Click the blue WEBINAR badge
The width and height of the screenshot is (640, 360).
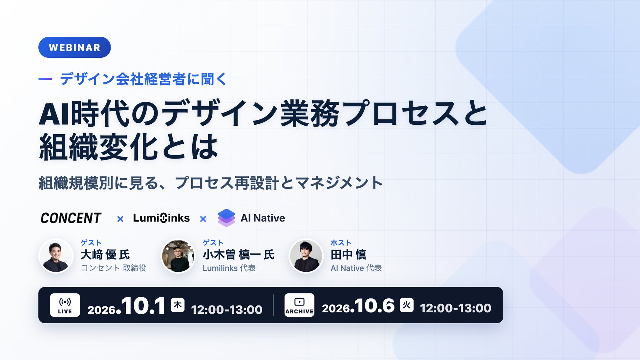75,47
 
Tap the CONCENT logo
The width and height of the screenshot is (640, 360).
71,218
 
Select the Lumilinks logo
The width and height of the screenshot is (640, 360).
161,218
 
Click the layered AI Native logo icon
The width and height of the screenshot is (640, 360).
226,218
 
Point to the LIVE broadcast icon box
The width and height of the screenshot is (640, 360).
65,305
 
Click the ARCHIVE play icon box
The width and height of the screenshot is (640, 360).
299,305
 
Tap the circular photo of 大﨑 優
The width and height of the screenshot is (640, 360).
56,256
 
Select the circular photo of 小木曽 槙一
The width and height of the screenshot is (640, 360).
178,256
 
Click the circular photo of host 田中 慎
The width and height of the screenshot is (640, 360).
306,256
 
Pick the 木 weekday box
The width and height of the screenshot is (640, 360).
178,305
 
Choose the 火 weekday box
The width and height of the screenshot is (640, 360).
406,305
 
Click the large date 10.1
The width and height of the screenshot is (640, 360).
143,306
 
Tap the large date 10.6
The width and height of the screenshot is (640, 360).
374,306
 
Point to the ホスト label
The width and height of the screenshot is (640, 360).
341,243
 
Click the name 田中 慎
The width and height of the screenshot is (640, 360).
349,255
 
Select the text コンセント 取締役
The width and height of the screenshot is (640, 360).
114,268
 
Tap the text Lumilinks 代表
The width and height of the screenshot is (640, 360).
229,268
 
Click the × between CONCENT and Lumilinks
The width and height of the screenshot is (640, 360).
120,219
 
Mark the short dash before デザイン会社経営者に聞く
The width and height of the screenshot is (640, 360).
45,79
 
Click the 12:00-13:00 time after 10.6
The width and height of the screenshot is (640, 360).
456,308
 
